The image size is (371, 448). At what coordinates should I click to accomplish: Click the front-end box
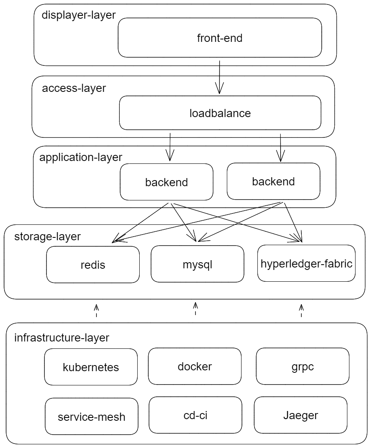pyautogui.click(x=220, y=38)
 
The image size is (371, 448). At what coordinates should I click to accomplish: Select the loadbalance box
pyautogui.click(x=220, y=113)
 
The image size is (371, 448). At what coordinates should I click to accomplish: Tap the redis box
pyautogui.click(x=93, y=265)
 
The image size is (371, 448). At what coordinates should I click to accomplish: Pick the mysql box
pyautogui.click(x=198, y=265)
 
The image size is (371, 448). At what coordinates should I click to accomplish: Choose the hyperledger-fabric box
pyautogui.click(x=306, y=263)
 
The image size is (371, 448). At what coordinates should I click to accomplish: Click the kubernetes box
pyautogui.click(x=91, y=367)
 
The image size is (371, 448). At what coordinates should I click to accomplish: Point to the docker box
pyautogui.click(x=195, y=366)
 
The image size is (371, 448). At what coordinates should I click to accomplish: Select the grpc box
pyautogui.click(x=303, y=366)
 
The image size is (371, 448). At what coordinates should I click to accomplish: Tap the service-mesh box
pyautogui.click(x=92, y=416)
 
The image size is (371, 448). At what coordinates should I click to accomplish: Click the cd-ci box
pyautogui.click(x=195, y=415)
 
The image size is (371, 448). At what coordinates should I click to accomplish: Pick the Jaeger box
pyautogui.click(x=301, y=415)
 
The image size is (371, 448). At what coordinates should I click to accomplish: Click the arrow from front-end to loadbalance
pyautogui.click(x=220, y=77)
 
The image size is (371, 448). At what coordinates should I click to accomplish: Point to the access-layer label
pyautogui.click(x=74, y=88)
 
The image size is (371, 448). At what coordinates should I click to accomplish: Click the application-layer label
pyautogui.click(x=81, y=157)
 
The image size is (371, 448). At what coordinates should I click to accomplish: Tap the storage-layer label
pyautogui.click(x=48, y=236)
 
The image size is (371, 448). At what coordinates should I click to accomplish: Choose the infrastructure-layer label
pyautogui.click(x=62, y=337)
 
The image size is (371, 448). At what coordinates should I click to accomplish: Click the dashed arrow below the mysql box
pyautogui.click(x=195, y=309)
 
